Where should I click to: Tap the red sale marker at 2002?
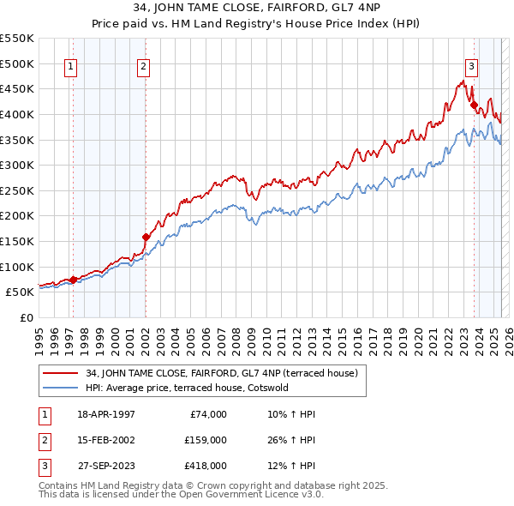[x=146, y=237]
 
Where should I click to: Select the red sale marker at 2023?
[x=474, y=105]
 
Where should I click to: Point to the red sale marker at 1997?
[x=73, y=280]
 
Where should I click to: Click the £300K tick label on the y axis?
[x=17, y=165]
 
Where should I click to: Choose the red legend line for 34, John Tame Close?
[x=61, y=372]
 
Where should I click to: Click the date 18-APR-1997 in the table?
[x=106, y=414]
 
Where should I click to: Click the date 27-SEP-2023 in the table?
[x=106, y=466]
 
